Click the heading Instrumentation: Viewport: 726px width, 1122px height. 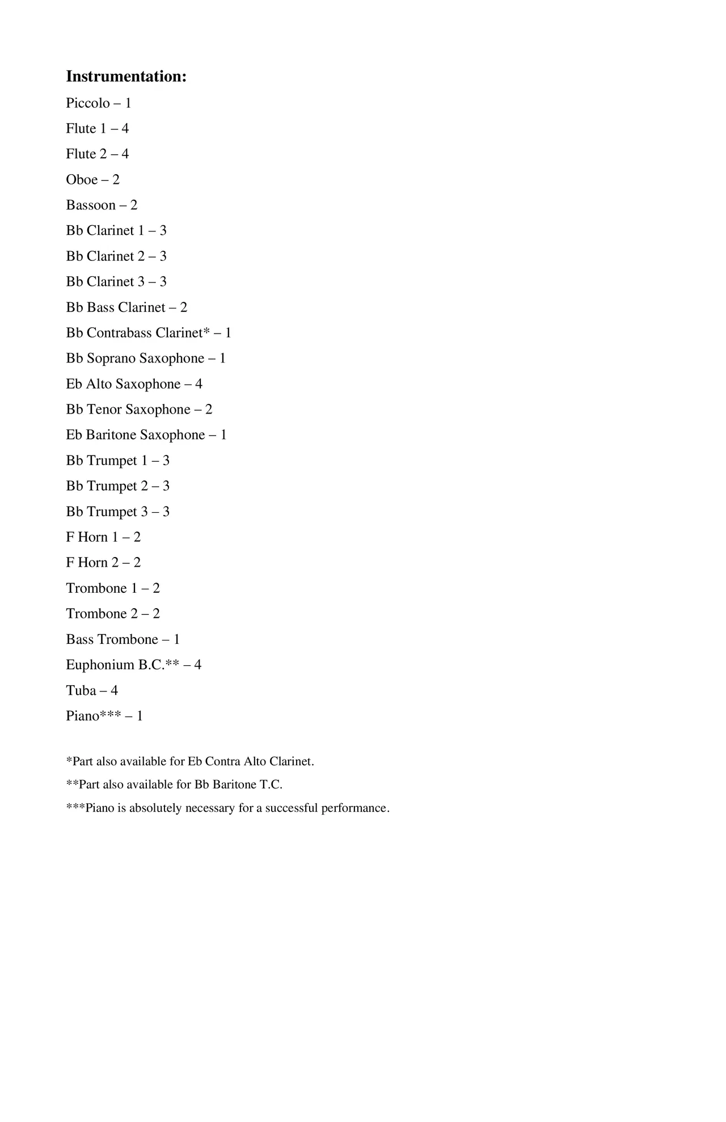coord(126,77)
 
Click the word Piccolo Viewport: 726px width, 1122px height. coord(88,103)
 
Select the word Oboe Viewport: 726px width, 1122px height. coord(82,180)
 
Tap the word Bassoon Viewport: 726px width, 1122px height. coord(91,205)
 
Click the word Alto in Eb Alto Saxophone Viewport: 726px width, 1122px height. coord(99,384)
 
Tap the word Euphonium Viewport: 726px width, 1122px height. coord(100,665)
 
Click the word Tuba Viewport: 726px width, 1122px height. coord(81,691)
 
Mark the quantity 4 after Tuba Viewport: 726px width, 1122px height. coord(114,691)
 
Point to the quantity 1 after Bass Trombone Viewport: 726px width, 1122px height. coord(176,640)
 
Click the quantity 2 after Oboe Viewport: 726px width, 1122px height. coord(116,180)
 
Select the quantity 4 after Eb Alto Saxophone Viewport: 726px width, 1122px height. coord(199,384)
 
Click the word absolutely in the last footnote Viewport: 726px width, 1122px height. coord(155,808)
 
